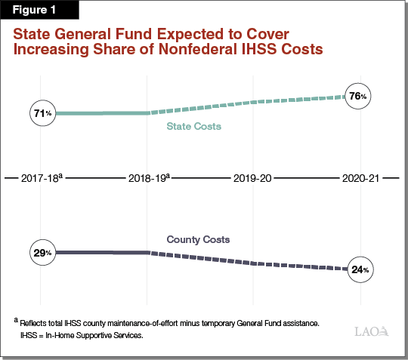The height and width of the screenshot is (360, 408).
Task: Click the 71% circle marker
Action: coord(42,113)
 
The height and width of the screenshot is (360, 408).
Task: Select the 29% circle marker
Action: coord(42,252)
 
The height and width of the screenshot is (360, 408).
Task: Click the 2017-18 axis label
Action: coord(42,179)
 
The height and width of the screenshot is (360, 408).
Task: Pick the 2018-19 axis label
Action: coord(147,179)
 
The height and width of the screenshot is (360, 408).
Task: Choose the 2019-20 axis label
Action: coord(253,179)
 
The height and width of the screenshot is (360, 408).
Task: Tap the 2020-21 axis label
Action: coord(359,179)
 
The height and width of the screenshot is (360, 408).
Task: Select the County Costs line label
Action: coord(198,239)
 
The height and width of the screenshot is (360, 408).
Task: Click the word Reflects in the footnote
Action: coord(34,322)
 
